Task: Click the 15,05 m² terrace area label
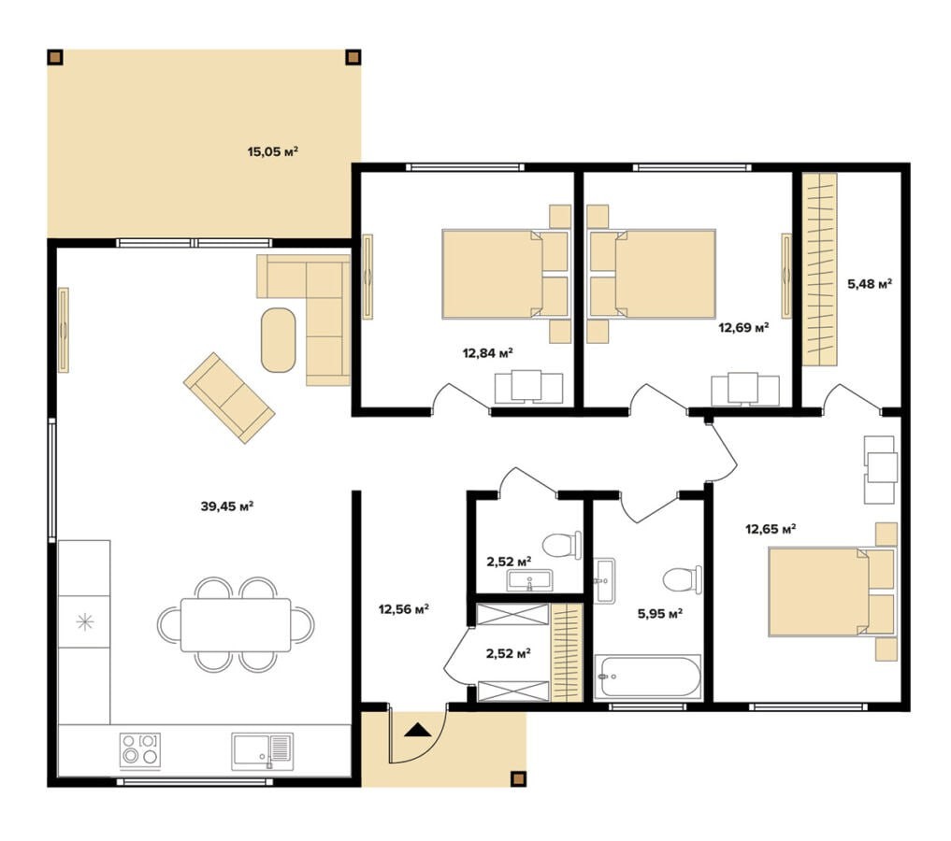(x=273, y=151)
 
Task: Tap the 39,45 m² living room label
(x=227, y=506)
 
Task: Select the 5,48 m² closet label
(x=870, y=283)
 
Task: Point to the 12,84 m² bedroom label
(x=488, y=352)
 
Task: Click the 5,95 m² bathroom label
(x=660, y=614)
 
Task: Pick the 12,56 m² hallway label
(x=404, y=609)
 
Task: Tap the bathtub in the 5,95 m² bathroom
(x=648, y=677)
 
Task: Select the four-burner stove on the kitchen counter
(x=140, y=750)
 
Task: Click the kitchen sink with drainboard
(x=263, y=751)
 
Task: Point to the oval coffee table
(x=279, y=340)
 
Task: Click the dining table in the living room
(x=236, y=625)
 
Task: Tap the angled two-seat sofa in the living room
(x=229, y=397)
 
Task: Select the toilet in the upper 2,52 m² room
(x=561, y=546)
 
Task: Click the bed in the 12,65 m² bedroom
(x=832, y=592)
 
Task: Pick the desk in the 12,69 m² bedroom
(x=745, y=389)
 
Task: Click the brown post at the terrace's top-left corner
(x=55, y=57)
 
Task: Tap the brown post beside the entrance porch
(x=518, y=778)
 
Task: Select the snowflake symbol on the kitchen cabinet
(x=84, y=621)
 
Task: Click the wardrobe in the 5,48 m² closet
(x=819, y=270)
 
